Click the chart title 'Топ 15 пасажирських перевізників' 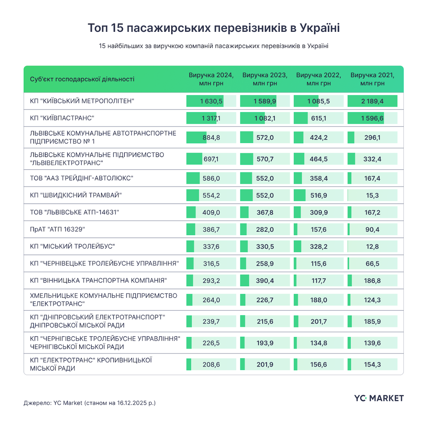214,28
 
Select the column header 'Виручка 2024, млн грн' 211,79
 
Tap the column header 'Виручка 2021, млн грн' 372,79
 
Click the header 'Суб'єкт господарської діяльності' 82,79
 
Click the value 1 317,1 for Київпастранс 210,118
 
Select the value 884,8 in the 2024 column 211,138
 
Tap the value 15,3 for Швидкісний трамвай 372,195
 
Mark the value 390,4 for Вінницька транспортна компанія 265,281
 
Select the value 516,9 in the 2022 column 319,195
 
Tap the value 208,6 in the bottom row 211,364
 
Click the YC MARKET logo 379,398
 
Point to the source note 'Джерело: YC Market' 90,403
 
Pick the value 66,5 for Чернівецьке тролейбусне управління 372,264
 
